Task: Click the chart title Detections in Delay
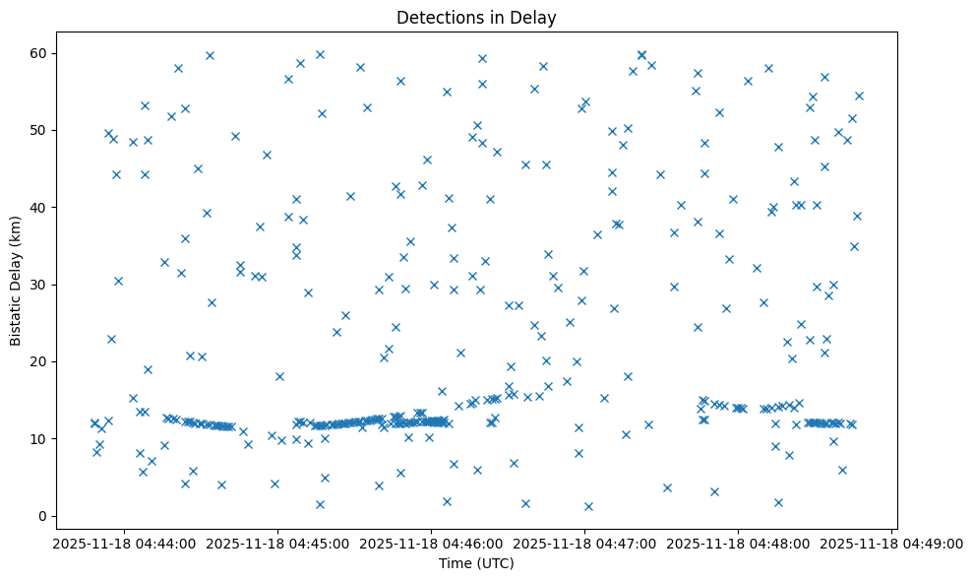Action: coord(476,17)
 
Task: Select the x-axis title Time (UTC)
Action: coord(476,564)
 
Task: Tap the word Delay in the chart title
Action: coord(535,17)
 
